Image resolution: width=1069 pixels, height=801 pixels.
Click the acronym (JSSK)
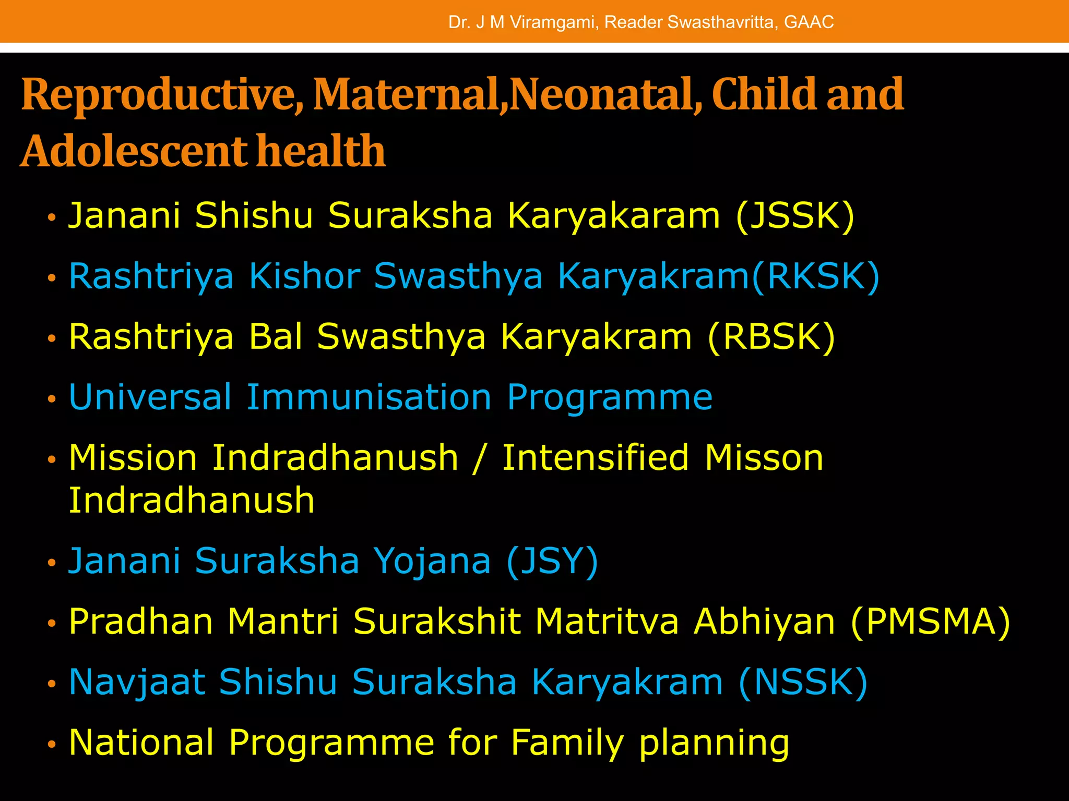(795, 215)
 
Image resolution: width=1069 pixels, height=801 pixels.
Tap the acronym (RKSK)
(816, 276)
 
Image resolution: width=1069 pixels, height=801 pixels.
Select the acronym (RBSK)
(771, 337)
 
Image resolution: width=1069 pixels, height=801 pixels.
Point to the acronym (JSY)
(552, 562)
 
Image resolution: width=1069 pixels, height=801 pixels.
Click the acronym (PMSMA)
(930, 622)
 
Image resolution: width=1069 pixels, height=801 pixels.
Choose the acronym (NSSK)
(803, 682)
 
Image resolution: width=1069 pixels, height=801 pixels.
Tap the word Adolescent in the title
(133, 151)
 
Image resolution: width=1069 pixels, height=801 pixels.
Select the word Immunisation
(369, 397)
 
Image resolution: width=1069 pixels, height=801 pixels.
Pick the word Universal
(150, 397)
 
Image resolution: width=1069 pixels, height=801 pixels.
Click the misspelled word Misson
(764, 458)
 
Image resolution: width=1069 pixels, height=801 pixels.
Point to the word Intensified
(595, 458)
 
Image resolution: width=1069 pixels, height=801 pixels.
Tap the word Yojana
(432, 562)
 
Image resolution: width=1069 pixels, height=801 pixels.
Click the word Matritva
(607, 622)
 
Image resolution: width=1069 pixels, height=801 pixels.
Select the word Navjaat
(137, 682)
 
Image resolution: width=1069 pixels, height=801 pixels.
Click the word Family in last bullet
(567, 743)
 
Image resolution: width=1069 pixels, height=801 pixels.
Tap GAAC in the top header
(809, 22)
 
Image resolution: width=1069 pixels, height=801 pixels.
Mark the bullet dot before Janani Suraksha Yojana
(51, 563)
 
